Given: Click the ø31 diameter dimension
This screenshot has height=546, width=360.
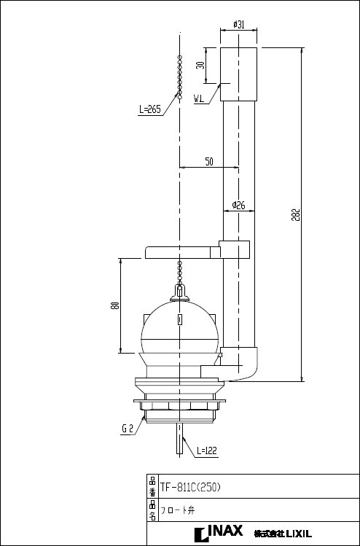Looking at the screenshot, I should coord(238,25).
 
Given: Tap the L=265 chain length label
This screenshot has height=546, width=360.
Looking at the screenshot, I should coord(149,110).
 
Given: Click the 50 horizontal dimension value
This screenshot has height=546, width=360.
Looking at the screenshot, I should coord(209,162).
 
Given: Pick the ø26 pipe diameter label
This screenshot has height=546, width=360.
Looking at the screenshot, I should coord(238,206).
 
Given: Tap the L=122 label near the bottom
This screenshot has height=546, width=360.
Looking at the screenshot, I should coord(206,451).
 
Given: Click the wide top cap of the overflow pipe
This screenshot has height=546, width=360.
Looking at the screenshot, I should coord(238,74).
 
